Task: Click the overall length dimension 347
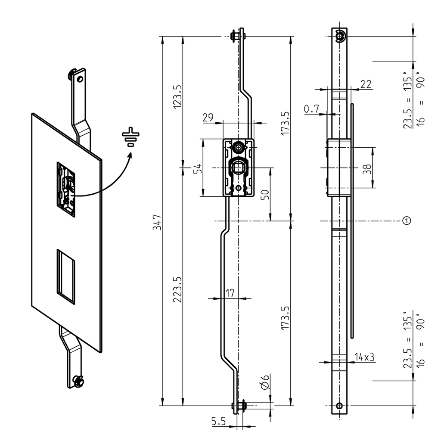click(x=157, y=222)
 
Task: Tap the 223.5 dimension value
click(x=177, y=289)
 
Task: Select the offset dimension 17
click(x=230, y=293)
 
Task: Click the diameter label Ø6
click(x=265, y=382)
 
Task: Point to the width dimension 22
click(x=366, y=84)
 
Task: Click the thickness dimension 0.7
click(x=311, y=109)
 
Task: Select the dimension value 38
click(x=366, y=168)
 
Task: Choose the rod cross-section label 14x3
click(x=363, y=357)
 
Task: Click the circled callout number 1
click(x=406, y=220)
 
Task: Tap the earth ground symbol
click(x=130, y=137)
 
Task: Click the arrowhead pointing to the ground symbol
click(x=129, y=154)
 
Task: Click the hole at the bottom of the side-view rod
click(x=340, y=406)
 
